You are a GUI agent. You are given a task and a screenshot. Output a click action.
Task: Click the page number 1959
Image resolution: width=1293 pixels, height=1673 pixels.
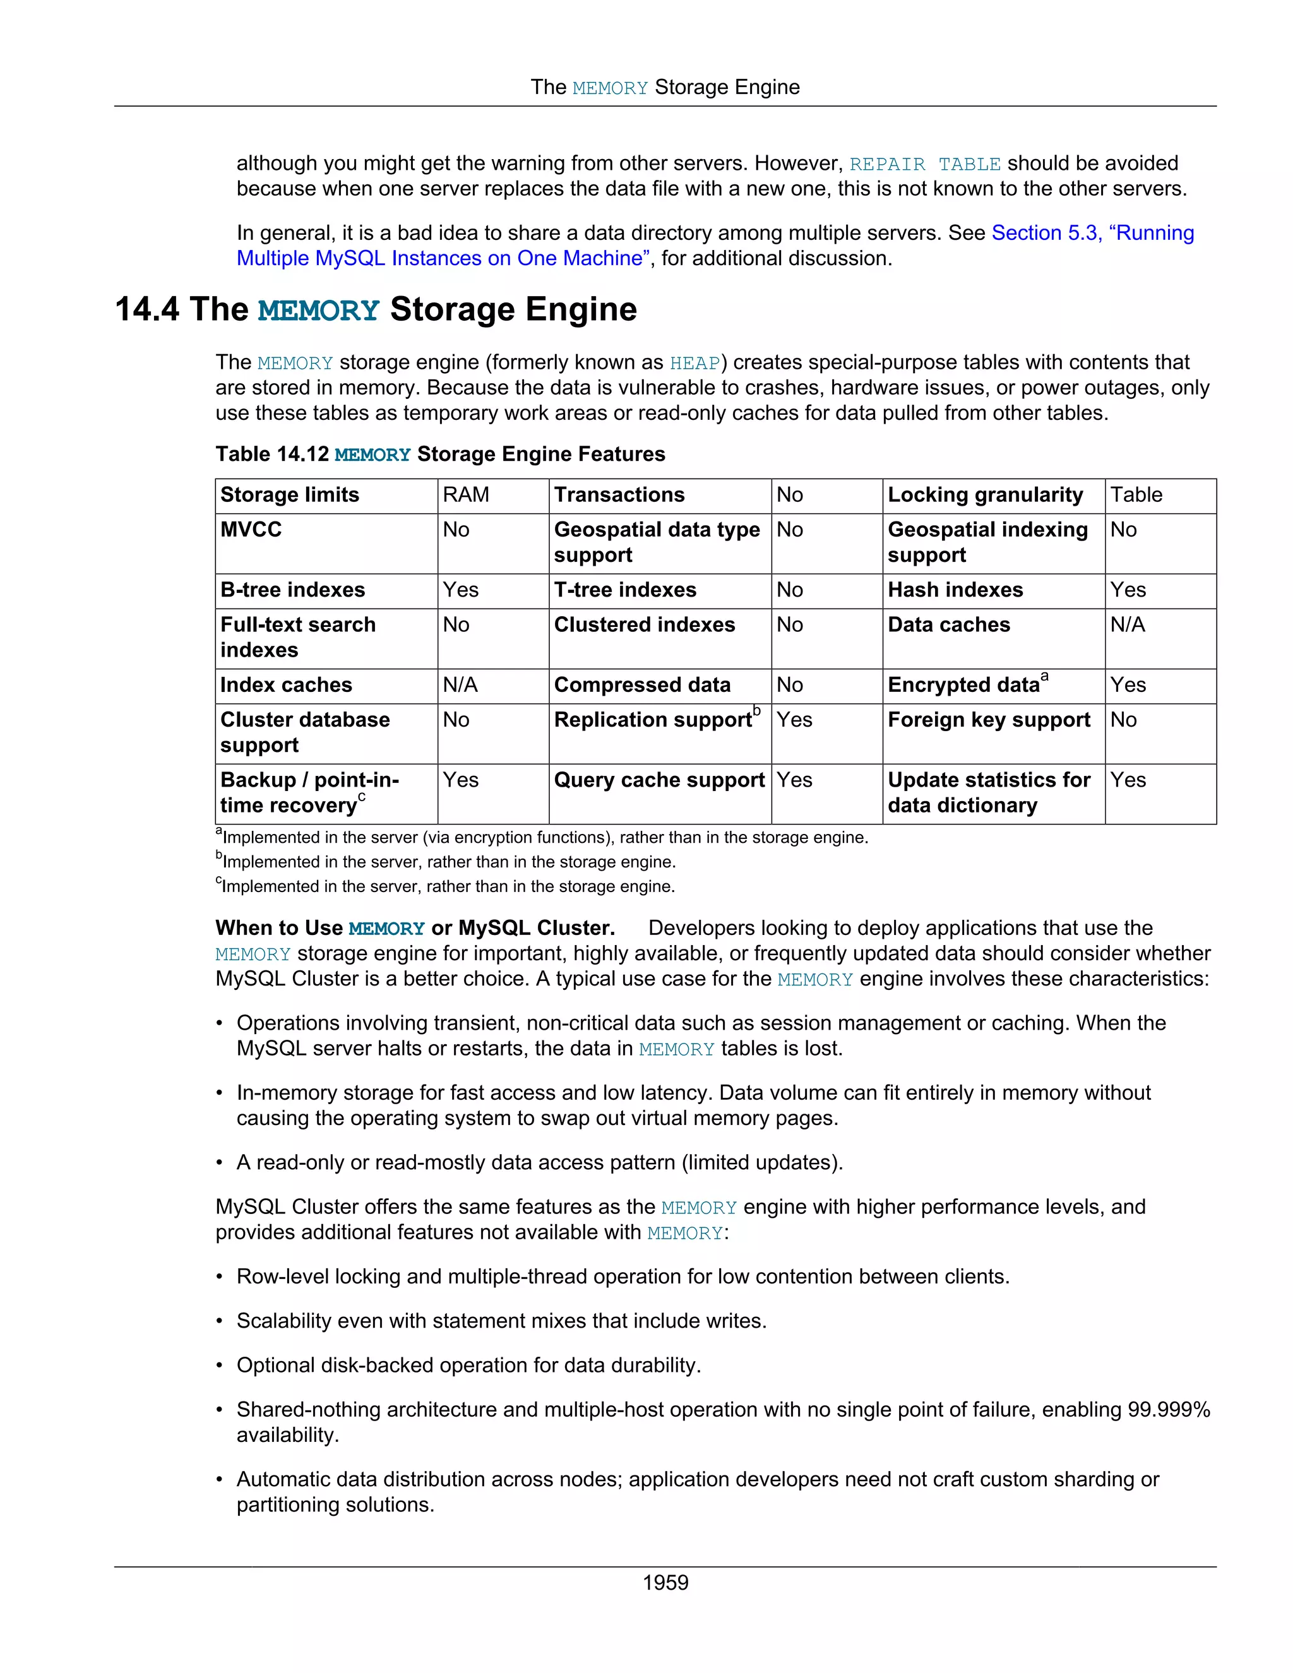665,1582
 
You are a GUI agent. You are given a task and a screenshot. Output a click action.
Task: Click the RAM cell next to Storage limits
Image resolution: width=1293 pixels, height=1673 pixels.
466,495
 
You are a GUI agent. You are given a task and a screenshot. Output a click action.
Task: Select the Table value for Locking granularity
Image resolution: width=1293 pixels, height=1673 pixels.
1136,495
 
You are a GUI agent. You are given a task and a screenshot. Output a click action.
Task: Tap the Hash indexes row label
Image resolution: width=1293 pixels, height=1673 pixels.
955,590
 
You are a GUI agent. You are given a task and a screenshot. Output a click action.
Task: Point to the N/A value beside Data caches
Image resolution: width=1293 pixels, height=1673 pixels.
1128,624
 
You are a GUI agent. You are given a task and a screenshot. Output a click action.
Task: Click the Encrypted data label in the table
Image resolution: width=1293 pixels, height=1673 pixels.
963,685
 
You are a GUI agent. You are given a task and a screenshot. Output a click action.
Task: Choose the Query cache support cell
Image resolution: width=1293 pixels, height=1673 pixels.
658,780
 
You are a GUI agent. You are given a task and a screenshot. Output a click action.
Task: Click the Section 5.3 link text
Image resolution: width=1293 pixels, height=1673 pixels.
1046,233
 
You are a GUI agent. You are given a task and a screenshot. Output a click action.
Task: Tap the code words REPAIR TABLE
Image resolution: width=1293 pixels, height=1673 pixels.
924,164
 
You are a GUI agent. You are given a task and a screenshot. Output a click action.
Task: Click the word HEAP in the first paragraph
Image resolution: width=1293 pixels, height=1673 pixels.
694,363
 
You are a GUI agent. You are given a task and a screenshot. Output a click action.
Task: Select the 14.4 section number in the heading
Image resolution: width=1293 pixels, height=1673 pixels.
146,309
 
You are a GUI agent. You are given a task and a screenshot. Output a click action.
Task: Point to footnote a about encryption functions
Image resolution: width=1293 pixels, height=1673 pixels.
544,837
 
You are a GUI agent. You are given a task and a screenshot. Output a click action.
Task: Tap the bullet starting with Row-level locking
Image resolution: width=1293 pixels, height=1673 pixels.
622,1276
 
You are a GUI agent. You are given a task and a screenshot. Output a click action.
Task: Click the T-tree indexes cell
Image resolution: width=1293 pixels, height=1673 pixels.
625,590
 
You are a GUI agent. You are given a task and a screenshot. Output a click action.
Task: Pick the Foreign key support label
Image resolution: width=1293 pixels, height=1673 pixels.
988,720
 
